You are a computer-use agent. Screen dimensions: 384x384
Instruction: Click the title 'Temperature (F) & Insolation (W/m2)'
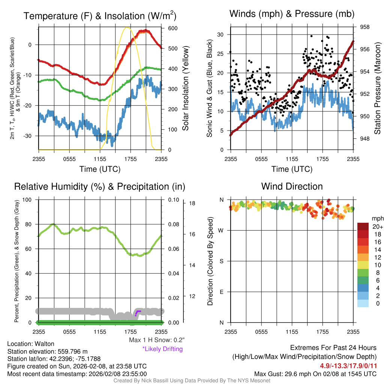click(x=100, y=16)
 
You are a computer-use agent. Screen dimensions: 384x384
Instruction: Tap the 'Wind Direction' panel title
click(x=292, y=186)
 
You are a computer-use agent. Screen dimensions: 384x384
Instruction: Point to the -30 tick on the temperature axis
click(x=30, y=136)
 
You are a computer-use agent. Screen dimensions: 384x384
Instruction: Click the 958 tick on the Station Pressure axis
click(x=364, y=27)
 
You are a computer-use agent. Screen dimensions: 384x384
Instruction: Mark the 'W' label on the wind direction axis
click(x=222, y=230)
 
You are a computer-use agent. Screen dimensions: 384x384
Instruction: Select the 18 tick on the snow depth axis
click(x=193, y=204)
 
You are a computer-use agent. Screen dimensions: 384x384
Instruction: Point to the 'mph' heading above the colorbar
click(x=376, y=219)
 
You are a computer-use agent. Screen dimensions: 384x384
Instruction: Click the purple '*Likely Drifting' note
click(x=162, y=349)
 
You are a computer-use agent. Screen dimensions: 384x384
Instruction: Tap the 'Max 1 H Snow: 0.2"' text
click(x=156, y=340)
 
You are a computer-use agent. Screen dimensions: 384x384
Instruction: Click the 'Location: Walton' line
click(x=31, y=344)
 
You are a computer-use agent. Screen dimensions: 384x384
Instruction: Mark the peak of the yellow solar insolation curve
click(x=127, y=27)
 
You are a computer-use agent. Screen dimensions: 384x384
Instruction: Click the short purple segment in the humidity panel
click(x=138, y=312)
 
